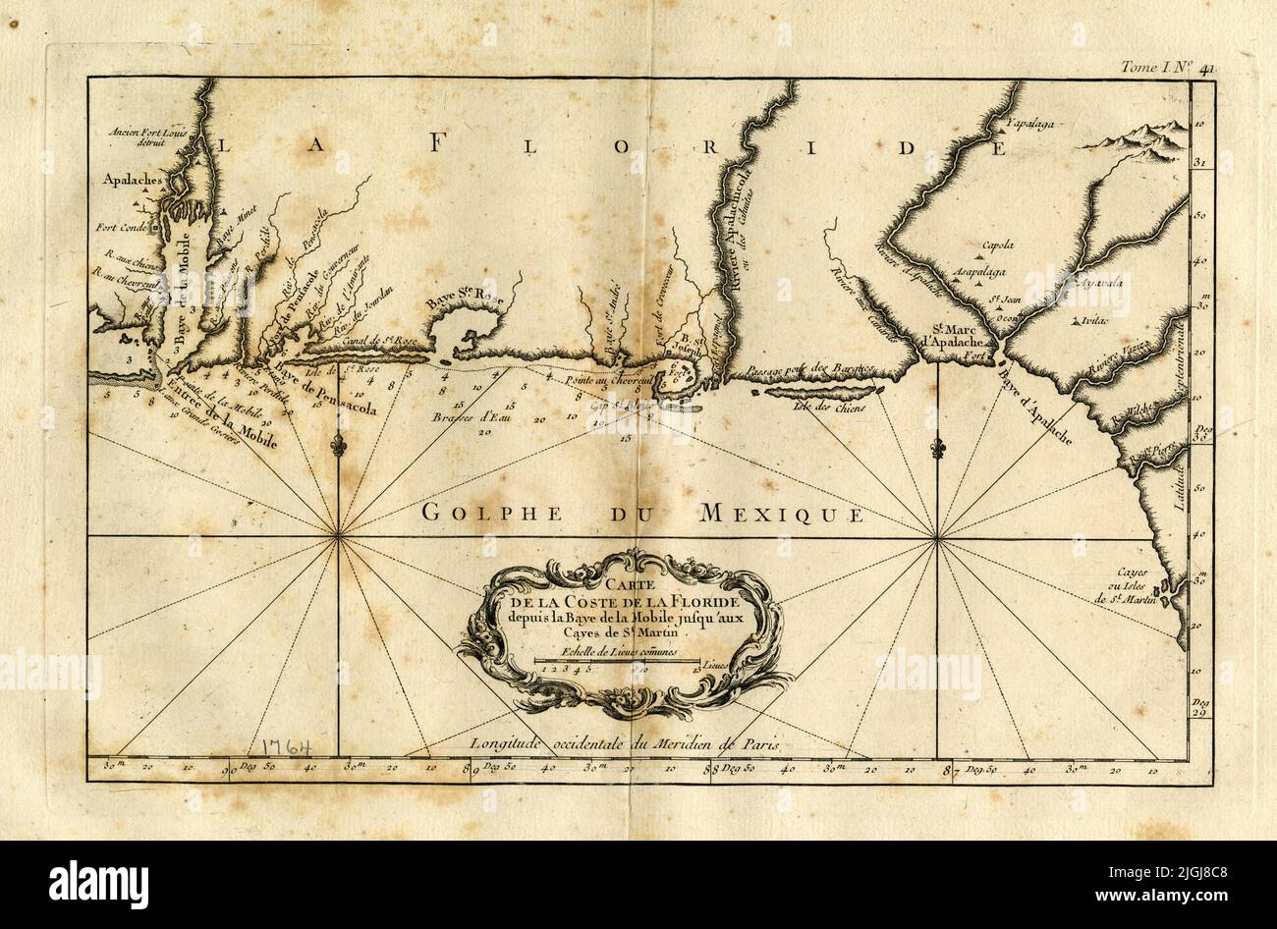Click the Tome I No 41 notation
[1168, 68]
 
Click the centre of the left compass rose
[338, 536]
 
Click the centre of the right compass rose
[939, 538]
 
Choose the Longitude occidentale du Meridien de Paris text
[624, 743]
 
